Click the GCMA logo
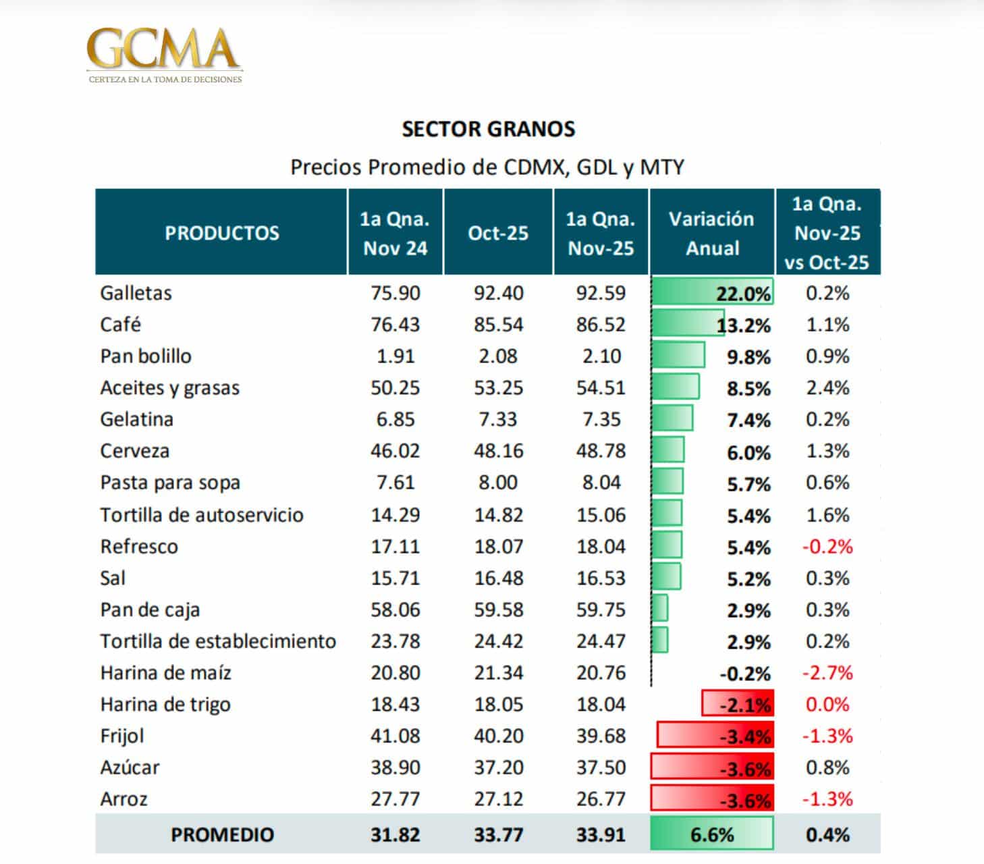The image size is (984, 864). (x=164, y=54)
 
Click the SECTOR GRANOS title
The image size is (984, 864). (x=488, y=129)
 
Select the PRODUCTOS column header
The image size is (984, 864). (x=221, y=233)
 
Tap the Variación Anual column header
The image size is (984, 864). (x=711, y=233)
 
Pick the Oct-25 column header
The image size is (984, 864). (x=498, y=233)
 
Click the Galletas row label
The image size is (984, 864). (x=136, y=293)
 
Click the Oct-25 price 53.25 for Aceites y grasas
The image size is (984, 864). (x=498, y=387)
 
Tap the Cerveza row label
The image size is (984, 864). (x=134, y=451)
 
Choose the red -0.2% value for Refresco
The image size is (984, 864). (x=827, y=546)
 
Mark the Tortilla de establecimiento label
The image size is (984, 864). (x=218, y=641)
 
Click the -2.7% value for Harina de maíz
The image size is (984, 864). (x=827, y=673)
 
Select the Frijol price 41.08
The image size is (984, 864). (x=395, y=736)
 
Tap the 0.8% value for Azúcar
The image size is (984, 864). (x=827, y=767)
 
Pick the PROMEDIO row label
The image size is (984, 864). (x=222, y=834)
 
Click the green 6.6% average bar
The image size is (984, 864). (x=711, y=834)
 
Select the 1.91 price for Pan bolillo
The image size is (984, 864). (x=395, y=356)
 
